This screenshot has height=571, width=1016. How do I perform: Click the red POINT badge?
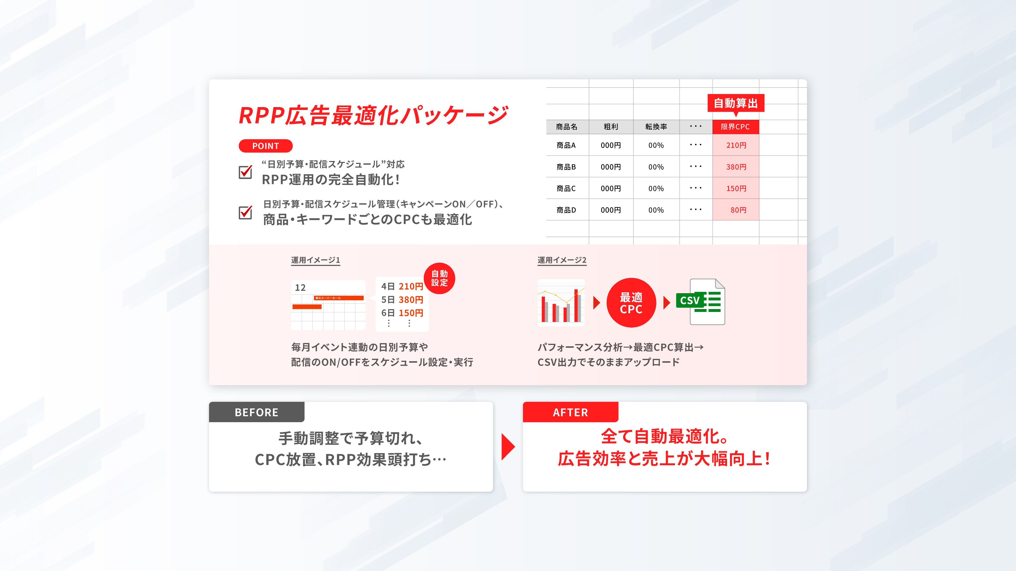[x=265, y=146]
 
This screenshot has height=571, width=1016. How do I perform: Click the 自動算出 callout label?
[x=736, y=103]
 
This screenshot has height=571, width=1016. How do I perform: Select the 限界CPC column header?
[x=736, y=127]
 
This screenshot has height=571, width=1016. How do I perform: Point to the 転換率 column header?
[x=656, y=127]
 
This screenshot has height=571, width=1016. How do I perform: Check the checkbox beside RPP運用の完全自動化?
[x=245, y=172]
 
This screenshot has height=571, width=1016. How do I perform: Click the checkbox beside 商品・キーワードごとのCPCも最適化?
[x=245, y=212]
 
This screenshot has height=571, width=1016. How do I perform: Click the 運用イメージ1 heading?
[x=316, y=260]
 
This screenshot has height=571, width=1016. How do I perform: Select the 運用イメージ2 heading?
[x=562, y=260]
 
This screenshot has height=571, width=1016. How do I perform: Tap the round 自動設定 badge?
[x=439, y=278]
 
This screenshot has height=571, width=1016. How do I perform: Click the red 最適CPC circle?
[x=631, y=303]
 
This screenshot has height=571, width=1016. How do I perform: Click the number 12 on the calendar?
[x=300, y=288]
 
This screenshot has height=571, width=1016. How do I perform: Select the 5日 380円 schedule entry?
[x=402, y=300]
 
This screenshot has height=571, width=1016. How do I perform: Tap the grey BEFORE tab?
[x=256, y=412]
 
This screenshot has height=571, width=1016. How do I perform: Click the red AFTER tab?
[x=570, y=412]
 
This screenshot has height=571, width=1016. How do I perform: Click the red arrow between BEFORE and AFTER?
[x=508, y=447]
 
